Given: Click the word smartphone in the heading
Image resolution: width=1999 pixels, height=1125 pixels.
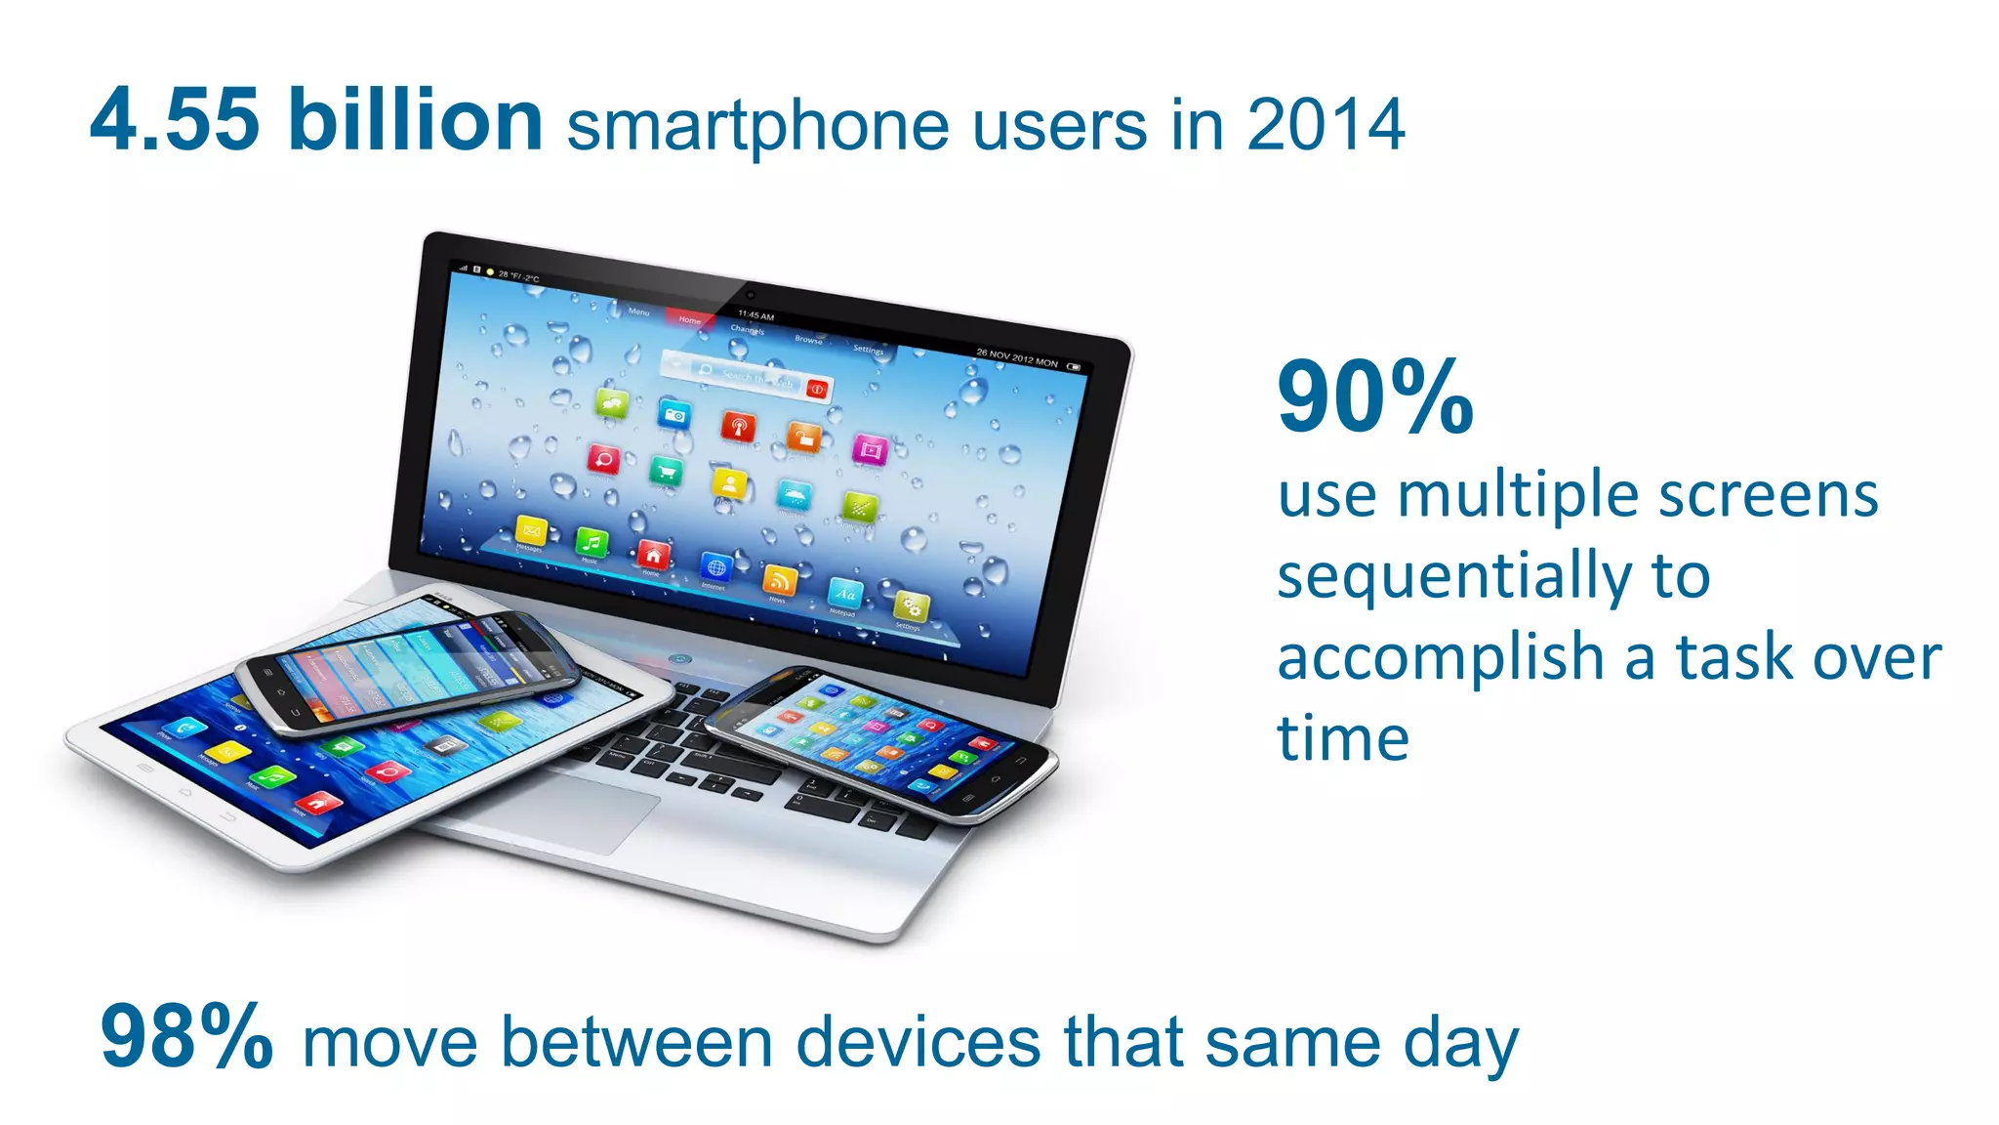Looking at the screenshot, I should click(x=757, y=127).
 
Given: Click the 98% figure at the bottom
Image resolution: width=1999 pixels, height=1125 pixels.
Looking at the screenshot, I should click(x=185, y=1037).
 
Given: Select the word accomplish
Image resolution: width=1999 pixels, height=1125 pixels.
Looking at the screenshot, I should click(x=1441, y=658).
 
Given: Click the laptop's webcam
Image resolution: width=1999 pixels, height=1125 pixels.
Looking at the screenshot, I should click(x=750, y=294).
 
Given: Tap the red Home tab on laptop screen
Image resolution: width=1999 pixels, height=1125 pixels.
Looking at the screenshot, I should click(x=689, y=319).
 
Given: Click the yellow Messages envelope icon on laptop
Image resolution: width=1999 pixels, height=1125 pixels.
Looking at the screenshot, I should click(x=531, y=530).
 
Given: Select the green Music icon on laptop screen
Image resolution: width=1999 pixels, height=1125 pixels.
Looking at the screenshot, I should click(x=591, y=542).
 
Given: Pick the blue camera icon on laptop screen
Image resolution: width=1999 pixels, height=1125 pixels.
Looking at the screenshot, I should click(x=673, y=414).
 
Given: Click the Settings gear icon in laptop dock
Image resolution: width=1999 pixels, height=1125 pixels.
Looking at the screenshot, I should click(x=910, y=606).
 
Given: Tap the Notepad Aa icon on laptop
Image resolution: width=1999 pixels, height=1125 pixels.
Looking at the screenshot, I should click(x=844, y=592).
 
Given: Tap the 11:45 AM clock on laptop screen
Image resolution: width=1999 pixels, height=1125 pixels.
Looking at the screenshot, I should click(x=755, y=315).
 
